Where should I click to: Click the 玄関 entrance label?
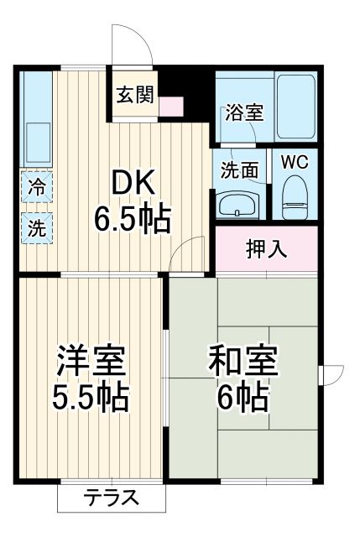[x=134, y=95]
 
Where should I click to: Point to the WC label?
[x=294, y=162]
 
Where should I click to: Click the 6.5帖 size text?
[x=132, y=220]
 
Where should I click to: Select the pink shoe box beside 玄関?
[x=171, y=107]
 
